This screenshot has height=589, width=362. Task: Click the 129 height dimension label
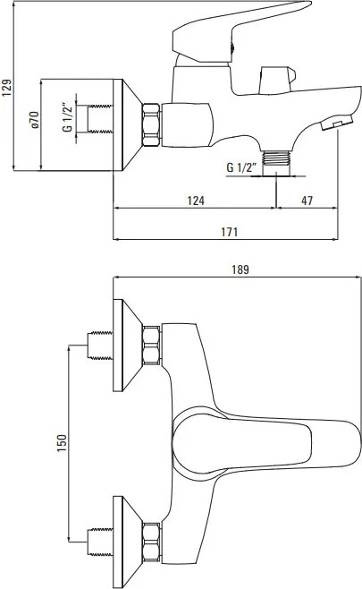[x=7, y=88]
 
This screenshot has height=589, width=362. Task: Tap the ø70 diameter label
[x=35, y=120]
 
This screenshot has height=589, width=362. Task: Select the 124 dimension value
[x=196, y=201]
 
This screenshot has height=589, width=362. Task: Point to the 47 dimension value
[x=307, y=201]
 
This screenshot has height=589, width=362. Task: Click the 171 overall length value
[x=229, y=232]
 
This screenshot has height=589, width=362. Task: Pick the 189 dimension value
[x=240, y=269]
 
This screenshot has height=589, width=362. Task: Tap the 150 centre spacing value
[x=63, y=443]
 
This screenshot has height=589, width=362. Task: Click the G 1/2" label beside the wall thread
[x=67, y=117]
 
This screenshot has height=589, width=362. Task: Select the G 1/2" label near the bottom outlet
[x=241, y=167]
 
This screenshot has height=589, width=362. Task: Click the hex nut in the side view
[x=151, y=124]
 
